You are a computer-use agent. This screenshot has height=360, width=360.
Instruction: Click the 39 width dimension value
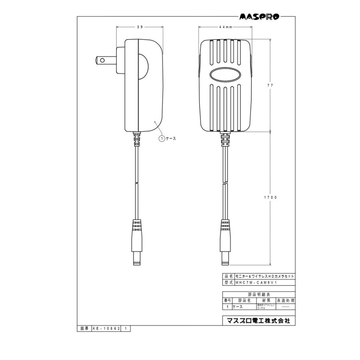140,27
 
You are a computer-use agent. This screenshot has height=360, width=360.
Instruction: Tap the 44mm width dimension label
226,27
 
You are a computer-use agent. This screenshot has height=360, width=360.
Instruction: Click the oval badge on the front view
226,75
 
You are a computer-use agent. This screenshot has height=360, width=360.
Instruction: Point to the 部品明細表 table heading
259,294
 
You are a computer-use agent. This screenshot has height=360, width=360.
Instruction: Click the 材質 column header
266,300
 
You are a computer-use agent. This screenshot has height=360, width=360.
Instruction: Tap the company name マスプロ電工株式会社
258,321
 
